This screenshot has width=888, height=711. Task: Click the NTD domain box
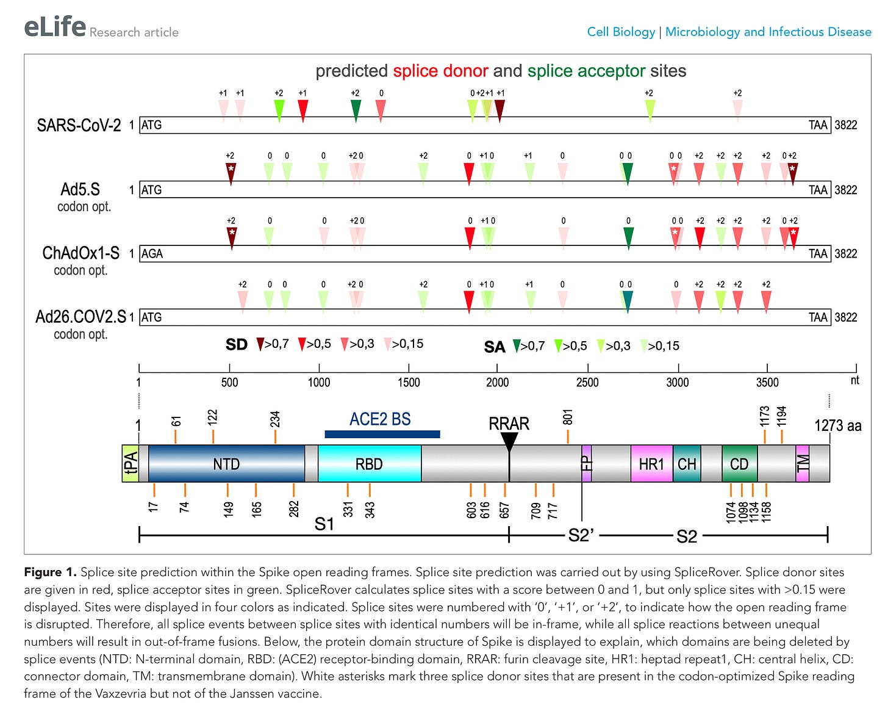[x=226, y=464]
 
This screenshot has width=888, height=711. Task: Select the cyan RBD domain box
[x=370, y=464]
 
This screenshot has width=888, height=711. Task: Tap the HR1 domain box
[x=651, y=464]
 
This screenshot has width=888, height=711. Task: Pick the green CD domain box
[x=739, y=464]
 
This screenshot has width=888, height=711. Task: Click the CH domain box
[x=687, y=464]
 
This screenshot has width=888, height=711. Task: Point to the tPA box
[x=131, y=464]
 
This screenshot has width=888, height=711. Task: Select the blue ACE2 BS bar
[x=382, y=434]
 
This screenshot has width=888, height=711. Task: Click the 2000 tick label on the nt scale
[x=497, y=382]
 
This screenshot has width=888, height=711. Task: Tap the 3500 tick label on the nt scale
[x=767, y=382]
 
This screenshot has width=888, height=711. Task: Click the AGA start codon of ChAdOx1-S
[x=152, y=253]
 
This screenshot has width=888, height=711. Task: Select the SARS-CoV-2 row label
[x=79, y=125]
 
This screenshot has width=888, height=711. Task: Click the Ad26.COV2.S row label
[x=81, y=317]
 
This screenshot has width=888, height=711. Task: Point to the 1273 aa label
[x=837, y=425]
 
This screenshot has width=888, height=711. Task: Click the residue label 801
[x=568, y=417]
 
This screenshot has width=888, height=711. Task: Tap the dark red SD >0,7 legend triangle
[x=260, y=344]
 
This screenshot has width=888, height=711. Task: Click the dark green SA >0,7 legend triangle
[x=516, y=346]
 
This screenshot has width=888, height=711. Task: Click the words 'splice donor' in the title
[x=440, y=71]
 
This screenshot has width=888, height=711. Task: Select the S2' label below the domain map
[x=581, y=535]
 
